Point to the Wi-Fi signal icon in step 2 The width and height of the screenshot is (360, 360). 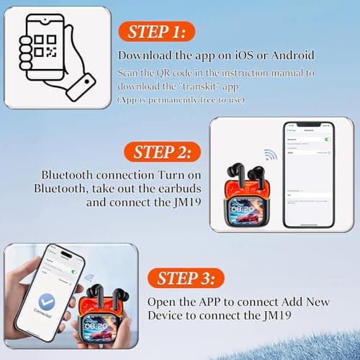point(270,156)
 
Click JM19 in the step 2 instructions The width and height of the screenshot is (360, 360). point(192,203)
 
